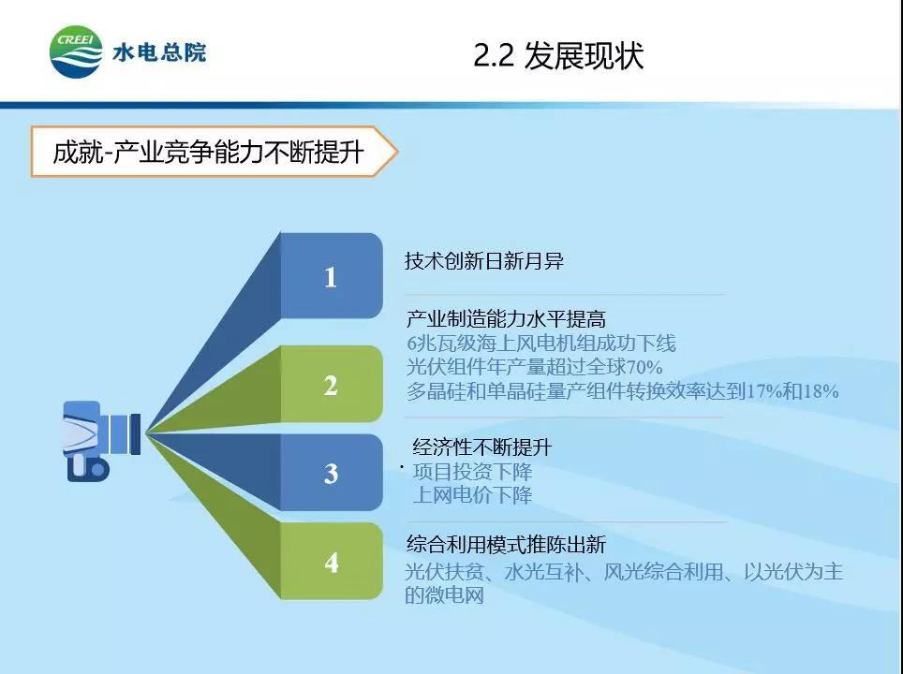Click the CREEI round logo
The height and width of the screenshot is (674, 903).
tap(77, 51)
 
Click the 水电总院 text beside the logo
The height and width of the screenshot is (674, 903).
tap(159, 53)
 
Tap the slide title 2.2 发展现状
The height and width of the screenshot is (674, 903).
tap(558, 56)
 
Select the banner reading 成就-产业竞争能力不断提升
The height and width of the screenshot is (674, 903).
tap(214, 152)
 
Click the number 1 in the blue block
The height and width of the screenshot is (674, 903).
tap(330, 277)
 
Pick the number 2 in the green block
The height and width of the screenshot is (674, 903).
tap(331, 386)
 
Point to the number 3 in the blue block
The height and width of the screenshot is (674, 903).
tap(331, 474)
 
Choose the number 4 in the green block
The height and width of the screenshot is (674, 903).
tap(332, 563)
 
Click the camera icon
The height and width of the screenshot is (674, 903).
tap(101, 441)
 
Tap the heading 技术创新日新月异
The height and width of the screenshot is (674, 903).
tap(483, 261)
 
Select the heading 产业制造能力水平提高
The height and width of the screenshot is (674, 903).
tap(506, 318)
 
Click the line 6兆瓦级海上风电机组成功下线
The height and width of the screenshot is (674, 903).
tap(541, 343)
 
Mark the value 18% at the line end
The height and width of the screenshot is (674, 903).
tap(821, 391)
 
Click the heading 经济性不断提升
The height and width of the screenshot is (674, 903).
tap(482, 447)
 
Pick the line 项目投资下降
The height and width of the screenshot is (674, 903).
tap(472, 472)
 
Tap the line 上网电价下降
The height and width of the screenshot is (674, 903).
tap(472, 495)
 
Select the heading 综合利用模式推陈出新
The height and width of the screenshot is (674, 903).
tap(506, 544)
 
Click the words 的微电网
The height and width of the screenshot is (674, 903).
tap(444, 595)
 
